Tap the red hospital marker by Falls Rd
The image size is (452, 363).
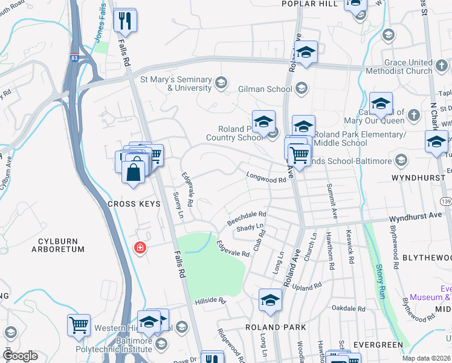tap(140, 248)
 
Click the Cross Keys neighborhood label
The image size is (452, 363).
tap(134, 204)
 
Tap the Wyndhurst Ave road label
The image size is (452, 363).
tap(415, 216)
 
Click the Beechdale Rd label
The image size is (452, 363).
tap(247, 218)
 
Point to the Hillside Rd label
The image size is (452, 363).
tap(210, 301)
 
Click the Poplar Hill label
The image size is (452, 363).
tap(308, 4)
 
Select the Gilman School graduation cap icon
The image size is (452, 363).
tap(301, 90)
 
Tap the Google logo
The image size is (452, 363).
tap(20, 356)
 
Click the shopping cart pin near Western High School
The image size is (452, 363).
tap(79, 325)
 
